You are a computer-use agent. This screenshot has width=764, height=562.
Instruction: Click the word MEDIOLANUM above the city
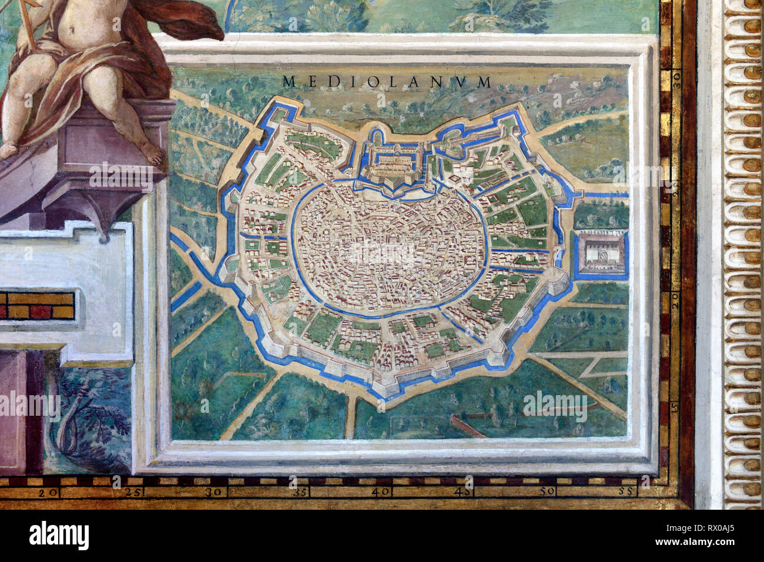click(386, 82)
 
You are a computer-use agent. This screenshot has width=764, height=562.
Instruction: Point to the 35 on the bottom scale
click(300, 492)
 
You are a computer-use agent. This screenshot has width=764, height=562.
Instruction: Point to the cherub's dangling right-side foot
click(152, 154)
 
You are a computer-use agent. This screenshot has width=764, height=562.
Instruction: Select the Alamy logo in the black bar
click(59, 536)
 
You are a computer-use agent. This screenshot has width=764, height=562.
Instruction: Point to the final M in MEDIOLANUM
click(483, 82)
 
